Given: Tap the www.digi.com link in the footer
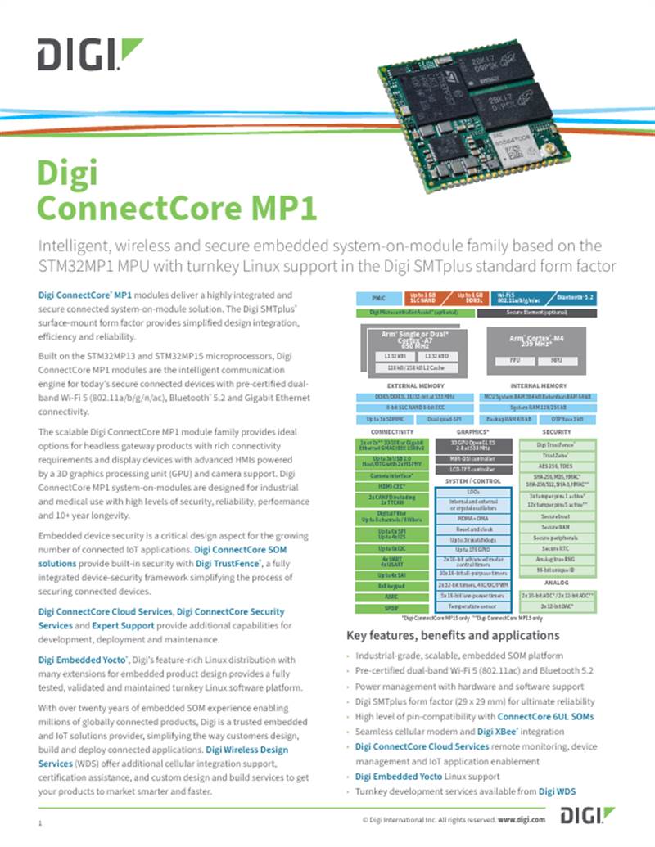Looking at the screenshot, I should pos(522,818).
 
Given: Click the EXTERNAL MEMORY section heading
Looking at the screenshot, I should pos(415,385).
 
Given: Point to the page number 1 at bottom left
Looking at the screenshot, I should pos(39,821).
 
